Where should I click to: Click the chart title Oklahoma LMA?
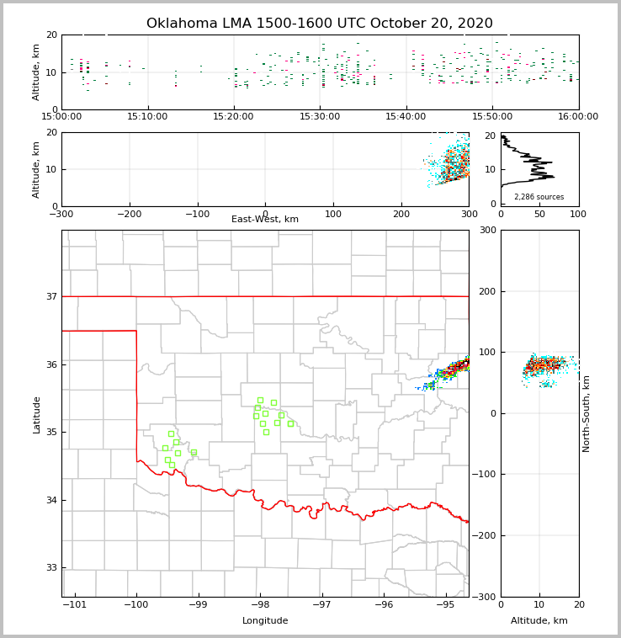click(320, 24)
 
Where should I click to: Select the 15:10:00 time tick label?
click(148, 117)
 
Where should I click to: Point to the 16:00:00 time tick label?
click(578, 117)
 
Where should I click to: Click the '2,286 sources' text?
click(539, 197)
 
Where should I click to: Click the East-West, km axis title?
click(265, 220)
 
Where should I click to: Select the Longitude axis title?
click(265, 621)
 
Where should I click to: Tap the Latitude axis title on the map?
click(37, 414)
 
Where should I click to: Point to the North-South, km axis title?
click(586, 413)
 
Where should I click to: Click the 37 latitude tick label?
click(50, 297)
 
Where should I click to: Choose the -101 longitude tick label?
click(75, 605)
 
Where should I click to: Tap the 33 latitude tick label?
click(50, 568)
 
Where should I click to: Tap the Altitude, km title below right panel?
click(539, 621)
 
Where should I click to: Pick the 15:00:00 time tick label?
click(62, 117)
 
